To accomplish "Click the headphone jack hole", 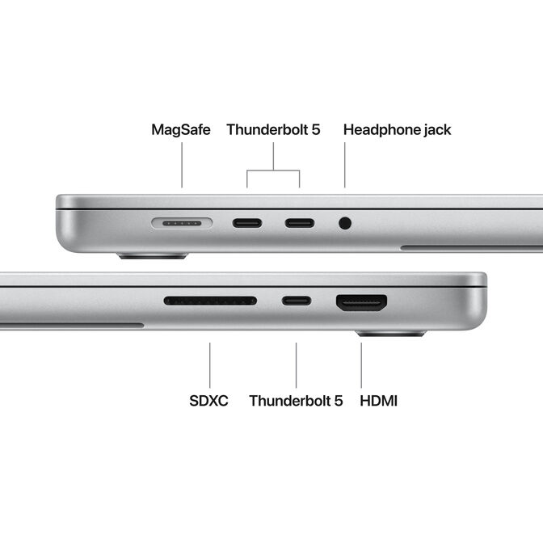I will point(346,221).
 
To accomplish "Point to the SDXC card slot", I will point(210,301).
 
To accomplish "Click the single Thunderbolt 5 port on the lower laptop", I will point(296,301).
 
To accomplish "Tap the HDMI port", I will point(361,302).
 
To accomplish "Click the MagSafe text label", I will point(181,129).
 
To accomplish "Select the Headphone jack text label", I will point(397,129).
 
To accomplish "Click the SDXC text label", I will point(208,400).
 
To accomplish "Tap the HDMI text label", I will point(378,400).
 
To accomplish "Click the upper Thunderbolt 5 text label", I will point(273,129).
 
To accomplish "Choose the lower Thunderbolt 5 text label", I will point(296,400).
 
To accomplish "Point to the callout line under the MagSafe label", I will point(182,166).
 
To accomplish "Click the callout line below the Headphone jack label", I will point(345,166).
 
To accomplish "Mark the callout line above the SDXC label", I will point(210,364).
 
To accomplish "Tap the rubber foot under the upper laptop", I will point(152,256).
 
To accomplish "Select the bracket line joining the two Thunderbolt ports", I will point(273,170).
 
